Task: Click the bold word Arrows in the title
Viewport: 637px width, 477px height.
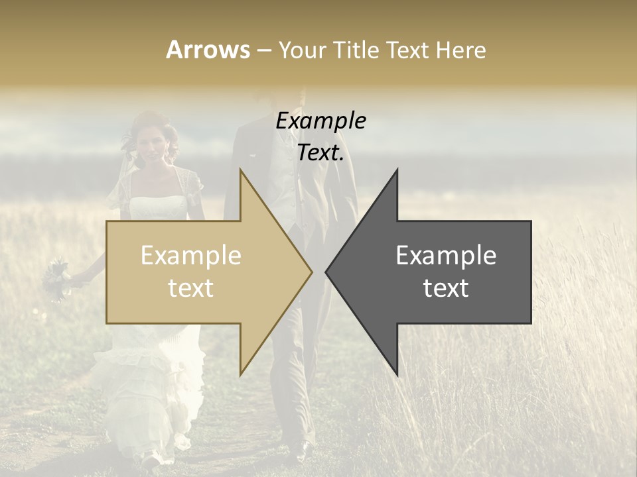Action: point(208,50)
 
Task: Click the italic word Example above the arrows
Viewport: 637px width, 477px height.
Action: point(320,121)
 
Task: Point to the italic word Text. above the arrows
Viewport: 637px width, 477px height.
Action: point(320,153)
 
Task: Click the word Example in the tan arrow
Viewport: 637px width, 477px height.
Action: point(191,256)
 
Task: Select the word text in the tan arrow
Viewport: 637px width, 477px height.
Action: point(191,288)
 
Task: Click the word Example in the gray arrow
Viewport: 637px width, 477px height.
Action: point(446,256)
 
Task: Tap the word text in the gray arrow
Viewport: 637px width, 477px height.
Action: point(446,288)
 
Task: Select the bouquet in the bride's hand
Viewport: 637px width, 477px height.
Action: point(56,278)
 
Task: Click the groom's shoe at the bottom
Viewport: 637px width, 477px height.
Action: point(300,452)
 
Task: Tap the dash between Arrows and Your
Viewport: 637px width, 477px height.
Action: point(263,50)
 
